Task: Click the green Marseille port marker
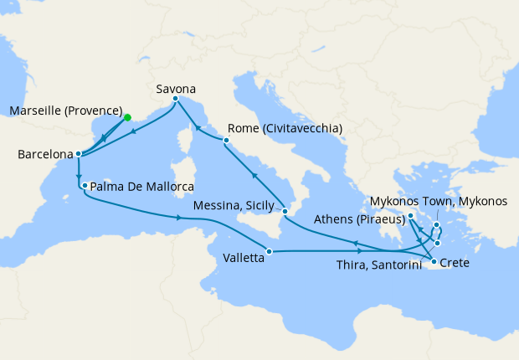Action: point(127,118)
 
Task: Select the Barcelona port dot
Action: point(77,154)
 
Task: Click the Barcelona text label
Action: point(44,155)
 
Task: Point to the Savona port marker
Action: point(175,99)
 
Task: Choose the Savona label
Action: point(176,86)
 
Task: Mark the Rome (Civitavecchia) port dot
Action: point(226,141)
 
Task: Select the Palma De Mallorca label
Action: point(142,186)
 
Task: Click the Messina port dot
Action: point(285,211)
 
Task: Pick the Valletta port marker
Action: point(269,251)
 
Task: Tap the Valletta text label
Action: point(244,260)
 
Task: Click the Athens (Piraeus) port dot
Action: point(411,217)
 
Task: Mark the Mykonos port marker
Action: point(437,225)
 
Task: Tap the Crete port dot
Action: point(434,263)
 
